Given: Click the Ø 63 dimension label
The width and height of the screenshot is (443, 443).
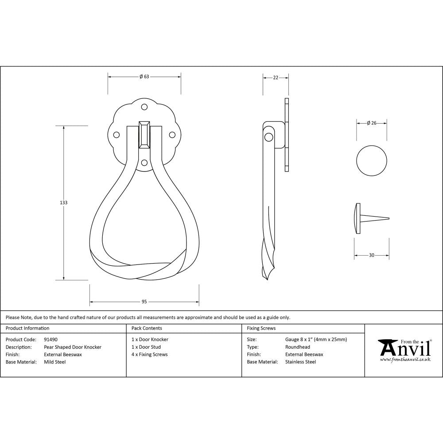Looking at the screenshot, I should (x=144, y=77).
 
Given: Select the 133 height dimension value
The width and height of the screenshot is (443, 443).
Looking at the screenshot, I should (x=64, y=202).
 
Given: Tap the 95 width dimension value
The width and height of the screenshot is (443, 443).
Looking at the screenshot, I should (x=144, y=302).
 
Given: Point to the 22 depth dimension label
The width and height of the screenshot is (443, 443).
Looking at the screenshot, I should (x=276, y=78).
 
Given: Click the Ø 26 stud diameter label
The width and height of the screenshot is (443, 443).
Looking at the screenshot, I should (x=372, y=123).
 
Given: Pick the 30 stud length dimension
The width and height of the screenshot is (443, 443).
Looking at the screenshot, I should (x=371, y=255).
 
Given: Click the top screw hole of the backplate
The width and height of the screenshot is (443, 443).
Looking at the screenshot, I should (x=144, y=107).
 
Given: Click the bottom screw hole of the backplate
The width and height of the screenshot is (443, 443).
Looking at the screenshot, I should (x=144, y=163).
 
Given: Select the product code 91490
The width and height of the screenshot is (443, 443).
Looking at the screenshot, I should (x=51, y=340).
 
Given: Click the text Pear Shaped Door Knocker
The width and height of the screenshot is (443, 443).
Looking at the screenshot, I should (x=73, y=347).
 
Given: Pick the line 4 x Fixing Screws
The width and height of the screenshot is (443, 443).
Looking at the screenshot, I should (x=150, y=354).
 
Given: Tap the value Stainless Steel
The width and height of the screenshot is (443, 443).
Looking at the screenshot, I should (x=300, y=362).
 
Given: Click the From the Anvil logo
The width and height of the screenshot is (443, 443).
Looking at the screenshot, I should (x=404, y=350).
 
